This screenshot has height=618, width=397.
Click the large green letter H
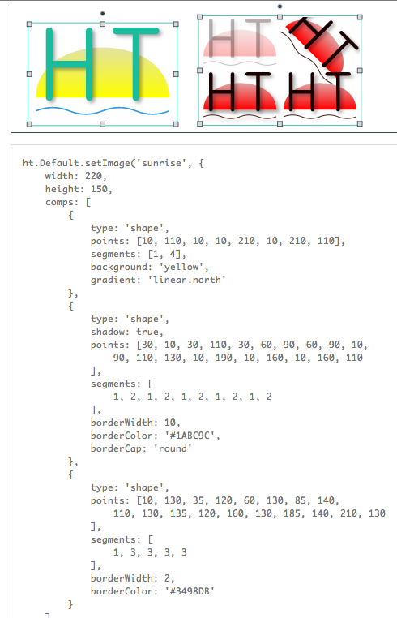pos(69,64)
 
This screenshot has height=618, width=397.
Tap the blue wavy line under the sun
pos(102,111)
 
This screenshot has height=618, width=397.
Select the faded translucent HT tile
pos(240,42)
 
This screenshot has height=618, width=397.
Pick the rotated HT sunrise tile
pos(320,46)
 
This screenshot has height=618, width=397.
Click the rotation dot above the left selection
pos(102,14)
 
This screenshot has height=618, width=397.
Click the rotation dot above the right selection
pos(280,6)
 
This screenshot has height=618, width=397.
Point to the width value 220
pos(94,176)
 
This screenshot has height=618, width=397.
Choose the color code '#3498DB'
pos(187,591)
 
